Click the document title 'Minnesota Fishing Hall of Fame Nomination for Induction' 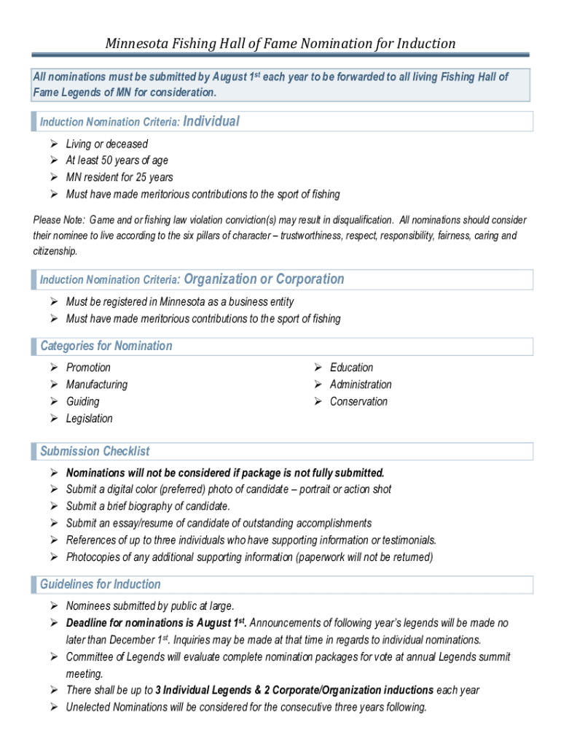click(x=280, y=43)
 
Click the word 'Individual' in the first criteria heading click(x=211, y=121)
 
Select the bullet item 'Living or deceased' click(x=106, y=144)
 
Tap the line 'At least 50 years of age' click(x=117, y=160)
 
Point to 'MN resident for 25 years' click(x=119, y=177)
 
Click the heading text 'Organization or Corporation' click(x=264, y=279)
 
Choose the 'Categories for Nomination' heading click(x=106, y=346)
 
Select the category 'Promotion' click(x=88, y=368)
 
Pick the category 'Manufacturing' click(x=96, y=384)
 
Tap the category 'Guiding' click(x=82, y=401)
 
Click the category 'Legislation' click(x=89, y=419)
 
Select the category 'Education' click(x=351, y=368)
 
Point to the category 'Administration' click(x=360, y=384)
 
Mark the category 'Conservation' click(x=358, y=401)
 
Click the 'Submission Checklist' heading click(x=95, y=451)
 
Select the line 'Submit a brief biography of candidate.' click(x=148, y=506)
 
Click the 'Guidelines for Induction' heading click(x=100, y=584)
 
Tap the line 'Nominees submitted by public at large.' click(x=150, y=606)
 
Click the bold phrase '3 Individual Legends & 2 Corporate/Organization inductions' click(x=294, y=690)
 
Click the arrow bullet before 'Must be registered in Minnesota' click(x=54, y=302)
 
